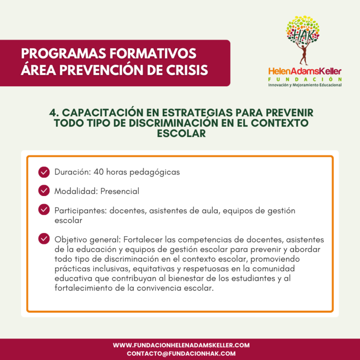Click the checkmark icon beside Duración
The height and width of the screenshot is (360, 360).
[x=44, y=172]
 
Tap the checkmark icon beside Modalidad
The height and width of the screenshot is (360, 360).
[x=44, y=191]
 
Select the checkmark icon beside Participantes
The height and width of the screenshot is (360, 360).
[x=44, y=210]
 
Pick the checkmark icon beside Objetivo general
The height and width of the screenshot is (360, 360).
[x=44, y=239]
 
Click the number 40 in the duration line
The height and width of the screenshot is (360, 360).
[x=98, y=172]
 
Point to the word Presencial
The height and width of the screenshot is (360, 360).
[x=120, y=191]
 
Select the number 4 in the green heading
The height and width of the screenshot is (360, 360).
[x=52, y=113]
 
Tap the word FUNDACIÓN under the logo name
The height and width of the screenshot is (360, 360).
[x=305, y=79]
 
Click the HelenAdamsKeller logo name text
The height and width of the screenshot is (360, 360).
[x=305, y=71]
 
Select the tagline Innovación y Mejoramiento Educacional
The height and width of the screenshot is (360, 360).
[x=305, y=85]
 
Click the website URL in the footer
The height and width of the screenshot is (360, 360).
[x=181, y=345]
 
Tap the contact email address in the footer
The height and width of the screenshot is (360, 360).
[x=181, y=353]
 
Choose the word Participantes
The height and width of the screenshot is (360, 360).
[x=81, y=211]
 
